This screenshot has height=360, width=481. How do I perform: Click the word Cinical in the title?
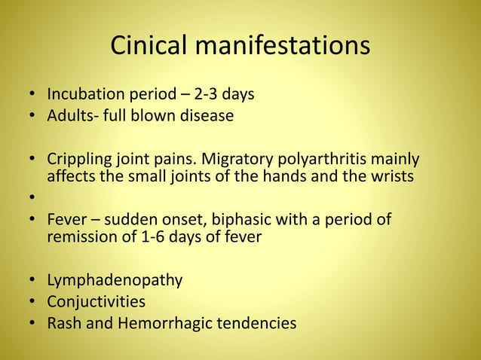pyautogui.click(x=151, y=47)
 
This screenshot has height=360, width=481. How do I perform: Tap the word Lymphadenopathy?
pyautogui.click(x=115, y=281)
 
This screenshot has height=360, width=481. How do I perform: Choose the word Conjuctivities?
pyautogui.click(x=97, y=302)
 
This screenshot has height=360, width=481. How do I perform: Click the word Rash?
pyautogui.click(x=63, y=323)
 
